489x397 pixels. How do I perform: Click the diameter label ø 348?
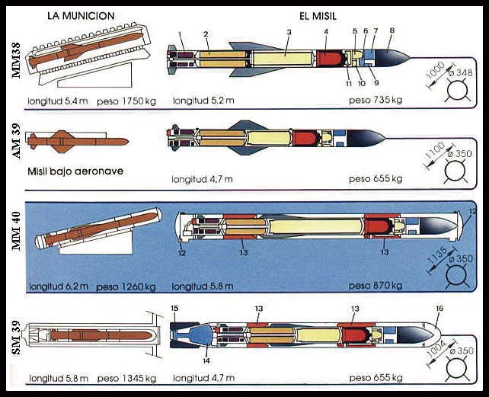point(464,73)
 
